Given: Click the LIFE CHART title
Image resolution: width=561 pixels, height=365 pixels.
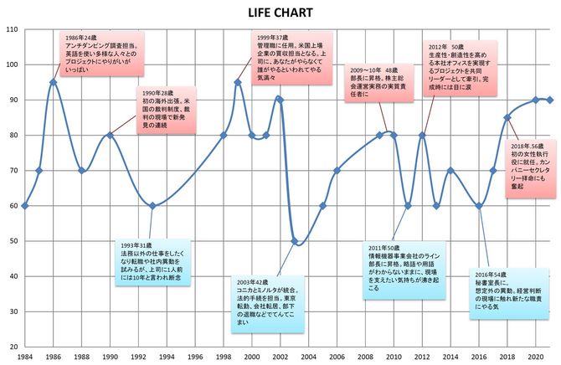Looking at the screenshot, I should tap(280, 13).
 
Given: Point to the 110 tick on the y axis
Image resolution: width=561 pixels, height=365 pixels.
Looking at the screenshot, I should tap(13, 30).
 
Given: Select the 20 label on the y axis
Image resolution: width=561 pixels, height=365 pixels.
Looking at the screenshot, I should tap(13, 347).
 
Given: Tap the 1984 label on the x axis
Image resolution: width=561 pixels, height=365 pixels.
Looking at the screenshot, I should tap(25, 357).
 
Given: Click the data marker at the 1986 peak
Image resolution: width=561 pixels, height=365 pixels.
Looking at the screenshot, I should tap(54, 82).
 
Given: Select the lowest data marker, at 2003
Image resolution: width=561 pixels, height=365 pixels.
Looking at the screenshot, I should tap(294, 241).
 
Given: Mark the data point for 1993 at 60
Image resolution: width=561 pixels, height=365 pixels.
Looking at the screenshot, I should tap(152, 205).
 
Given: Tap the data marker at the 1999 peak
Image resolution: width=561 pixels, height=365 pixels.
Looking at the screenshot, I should tap(237, 82).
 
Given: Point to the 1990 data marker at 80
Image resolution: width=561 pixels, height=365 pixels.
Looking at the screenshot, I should tap(110, 135).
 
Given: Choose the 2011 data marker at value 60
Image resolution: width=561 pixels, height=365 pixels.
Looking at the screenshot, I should tap(408, 205).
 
